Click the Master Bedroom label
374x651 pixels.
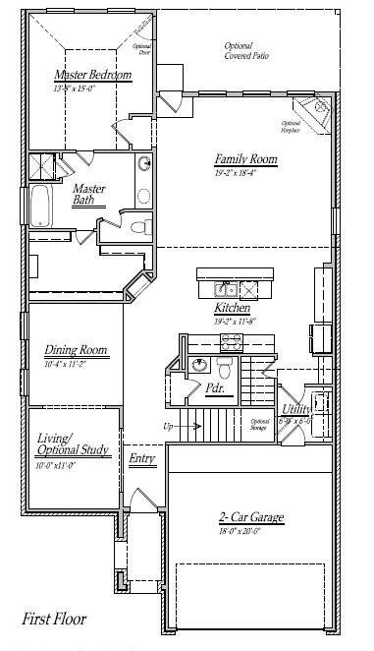[94, 74]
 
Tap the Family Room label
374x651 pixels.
[245, 158]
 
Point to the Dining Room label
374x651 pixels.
[76, 350]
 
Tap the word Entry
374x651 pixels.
[143, 460]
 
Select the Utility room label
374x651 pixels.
[296, 409]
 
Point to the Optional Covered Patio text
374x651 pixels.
[245, 51]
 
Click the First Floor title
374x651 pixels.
[54, 620]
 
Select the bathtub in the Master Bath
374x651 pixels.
[39, 201]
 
